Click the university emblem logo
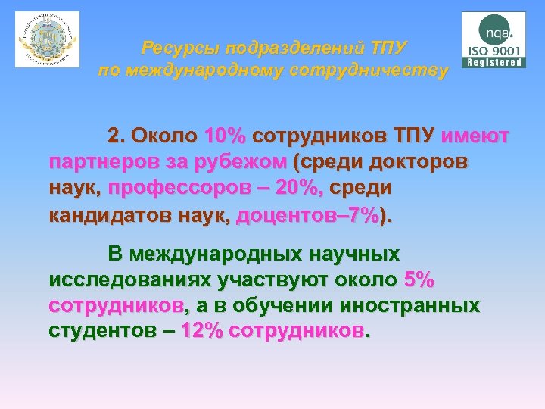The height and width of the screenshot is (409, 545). pos(47,39)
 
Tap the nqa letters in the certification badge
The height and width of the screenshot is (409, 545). pos(496,32)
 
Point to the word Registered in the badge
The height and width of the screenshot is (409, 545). pos(496,62)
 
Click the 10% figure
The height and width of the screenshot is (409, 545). pos(225,137)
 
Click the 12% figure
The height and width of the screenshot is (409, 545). pos(201,332)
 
